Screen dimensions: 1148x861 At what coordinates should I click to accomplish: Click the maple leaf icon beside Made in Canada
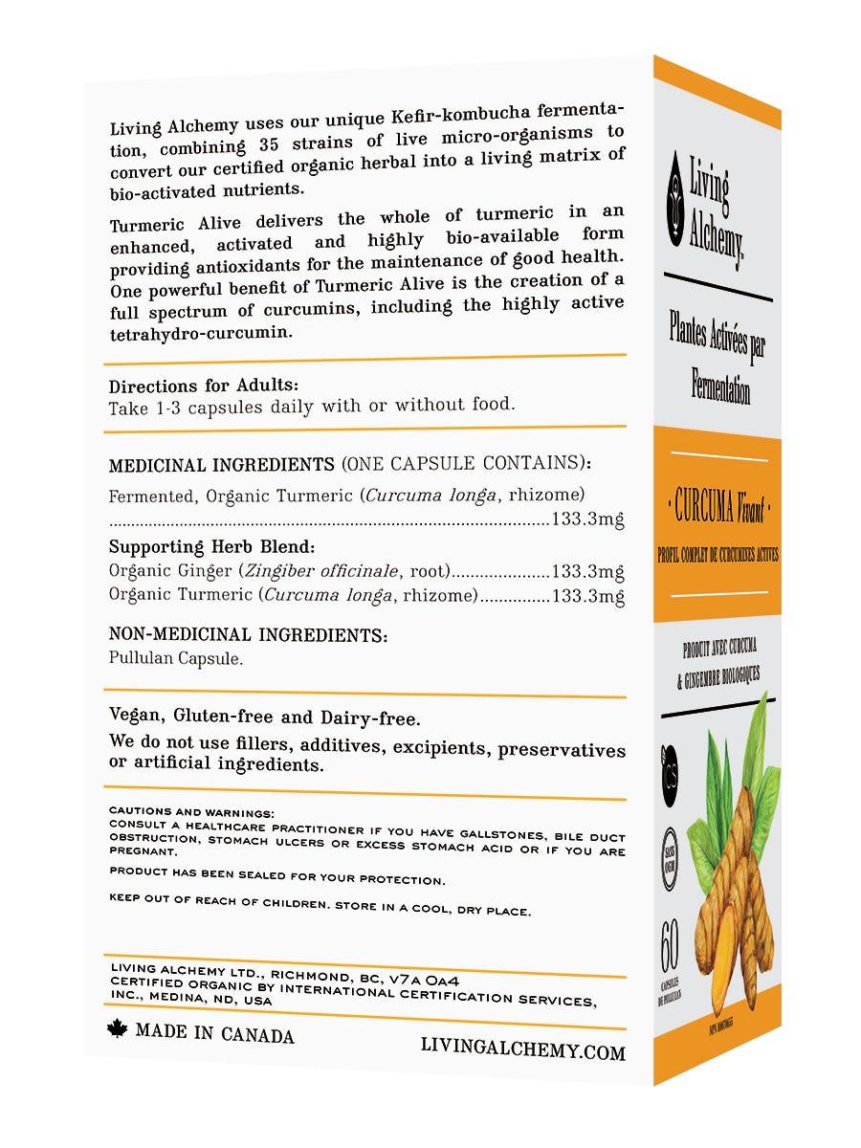coord(118,1031)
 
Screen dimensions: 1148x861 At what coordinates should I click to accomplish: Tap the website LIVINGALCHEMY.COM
coord(522,1051)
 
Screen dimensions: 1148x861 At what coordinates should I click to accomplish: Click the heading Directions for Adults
coord(196,386)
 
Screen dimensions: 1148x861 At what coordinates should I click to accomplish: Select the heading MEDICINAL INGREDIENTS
coord(222,465)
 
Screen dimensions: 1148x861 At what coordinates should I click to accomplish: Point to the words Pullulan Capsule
coord(176,659)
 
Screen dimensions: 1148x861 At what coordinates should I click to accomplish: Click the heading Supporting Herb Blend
coord(211,548)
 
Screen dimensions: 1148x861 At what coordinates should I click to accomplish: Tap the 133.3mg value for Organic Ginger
coord(588,572)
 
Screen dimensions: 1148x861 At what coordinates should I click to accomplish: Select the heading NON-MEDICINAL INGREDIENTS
coord(248,634)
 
